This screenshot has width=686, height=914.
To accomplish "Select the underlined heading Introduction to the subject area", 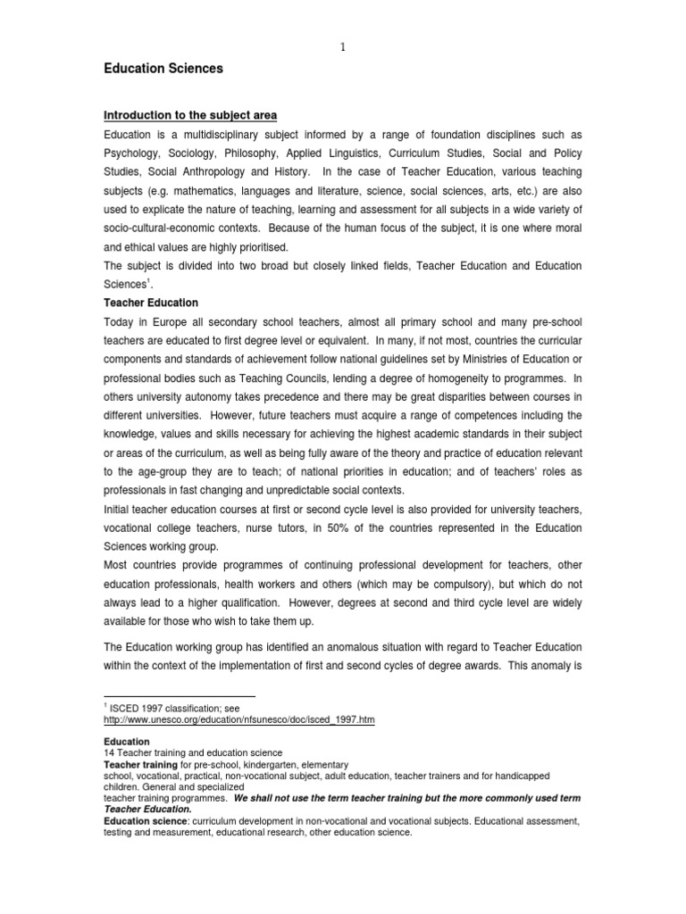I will click(x=190, y=116).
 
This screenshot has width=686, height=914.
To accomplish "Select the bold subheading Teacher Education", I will click(x=151, y=303).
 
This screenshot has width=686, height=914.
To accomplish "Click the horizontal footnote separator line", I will click(x=180, y=695).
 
